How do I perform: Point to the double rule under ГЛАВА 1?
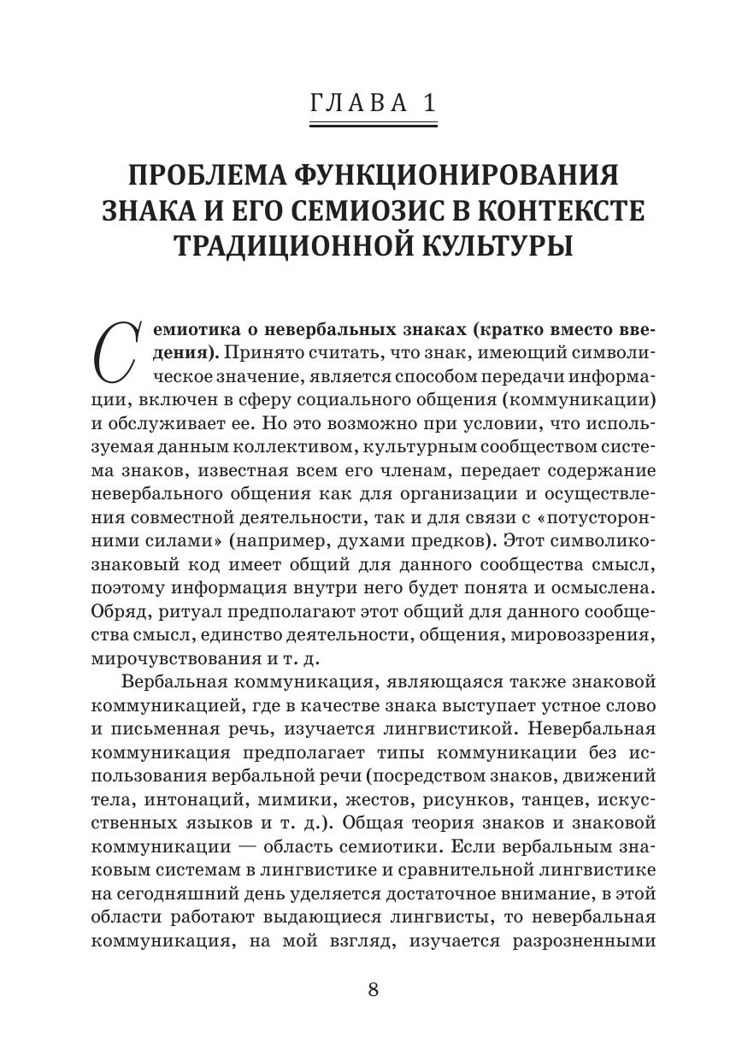click(x=374, y=127)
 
